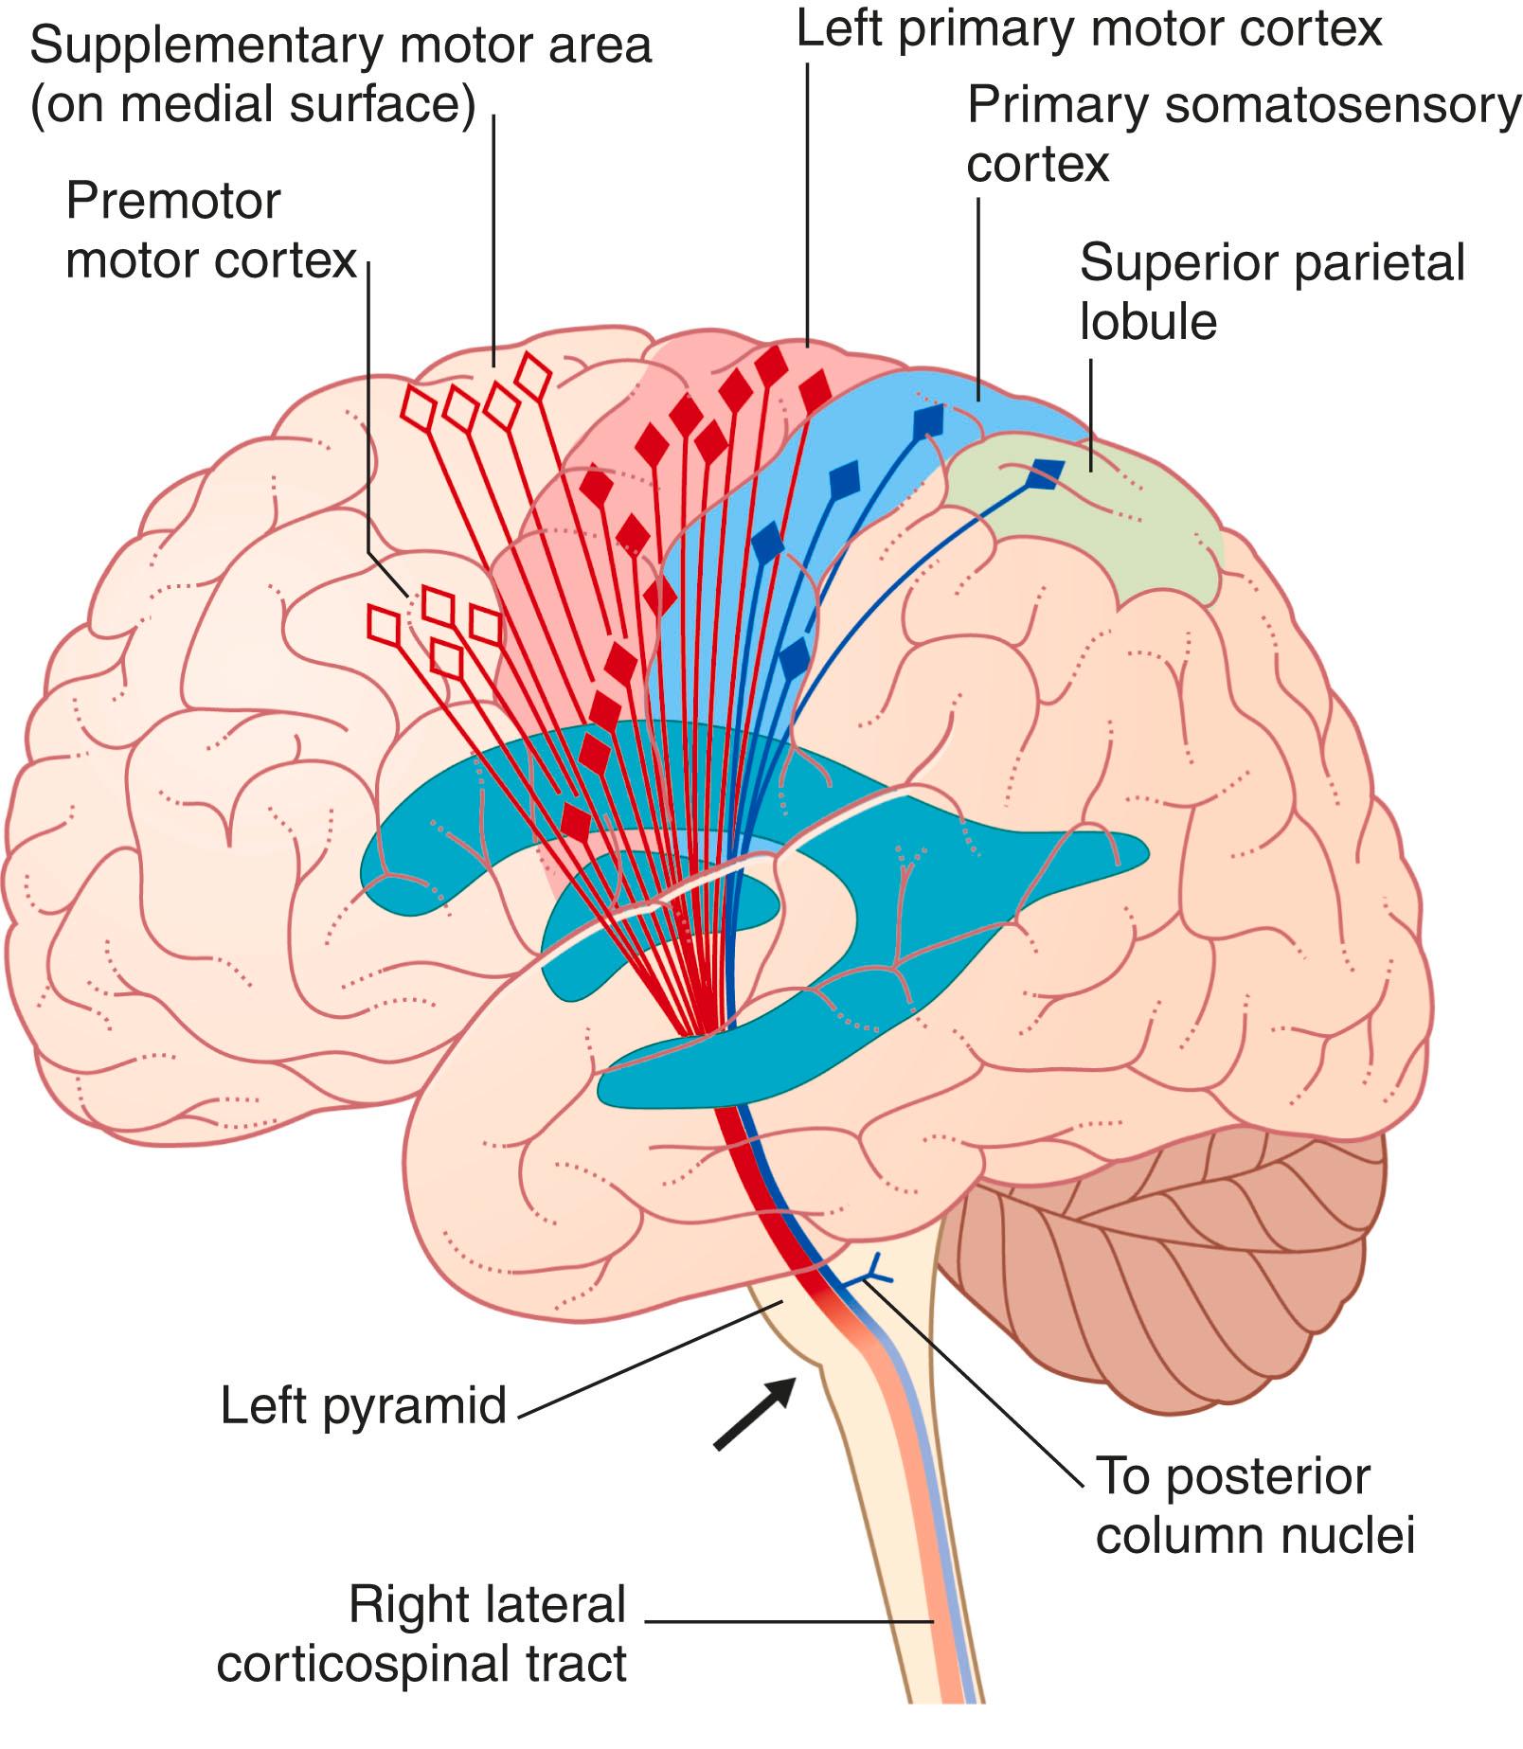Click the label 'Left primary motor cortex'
click(1088, 28)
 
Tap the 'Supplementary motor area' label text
click(341, 45)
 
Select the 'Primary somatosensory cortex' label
click(1242, 133)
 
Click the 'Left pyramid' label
click(364, 1405)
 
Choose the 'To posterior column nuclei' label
click(1254, 1506)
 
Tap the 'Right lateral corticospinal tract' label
click(421, 1634)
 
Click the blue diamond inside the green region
click(1046, 473)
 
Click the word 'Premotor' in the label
click(173, 201)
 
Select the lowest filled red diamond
click(575, 821)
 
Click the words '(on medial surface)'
click(253, 104)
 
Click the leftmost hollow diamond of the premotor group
click(384, 626)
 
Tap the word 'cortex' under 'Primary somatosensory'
click(1037, 164)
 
